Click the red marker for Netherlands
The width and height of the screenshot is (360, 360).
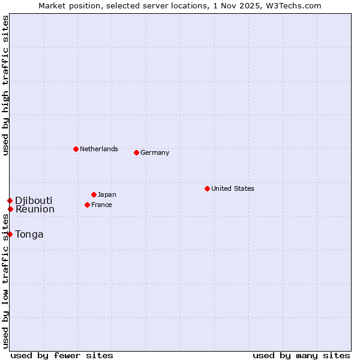76,149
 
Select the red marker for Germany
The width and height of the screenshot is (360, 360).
136,152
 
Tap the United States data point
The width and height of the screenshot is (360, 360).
207,188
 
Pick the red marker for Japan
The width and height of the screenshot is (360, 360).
94,194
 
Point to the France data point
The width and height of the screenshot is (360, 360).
87,205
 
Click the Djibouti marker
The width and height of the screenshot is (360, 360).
10,200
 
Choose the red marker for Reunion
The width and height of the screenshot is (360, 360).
10,209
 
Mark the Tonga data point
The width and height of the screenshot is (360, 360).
10,234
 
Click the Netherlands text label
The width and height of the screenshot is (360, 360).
99,149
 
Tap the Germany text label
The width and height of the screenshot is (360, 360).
155,152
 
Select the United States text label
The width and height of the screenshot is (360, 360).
233,188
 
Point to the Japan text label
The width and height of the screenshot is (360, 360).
107,194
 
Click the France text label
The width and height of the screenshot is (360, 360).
101,205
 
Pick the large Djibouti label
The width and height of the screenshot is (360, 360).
34,200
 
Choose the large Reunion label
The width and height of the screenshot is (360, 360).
35,209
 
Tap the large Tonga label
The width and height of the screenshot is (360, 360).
29,234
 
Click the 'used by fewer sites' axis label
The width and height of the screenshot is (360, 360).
62,355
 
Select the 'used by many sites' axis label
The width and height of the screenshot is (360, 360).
301,355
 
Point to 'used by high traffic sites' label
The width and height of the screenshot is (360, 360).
5,85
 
